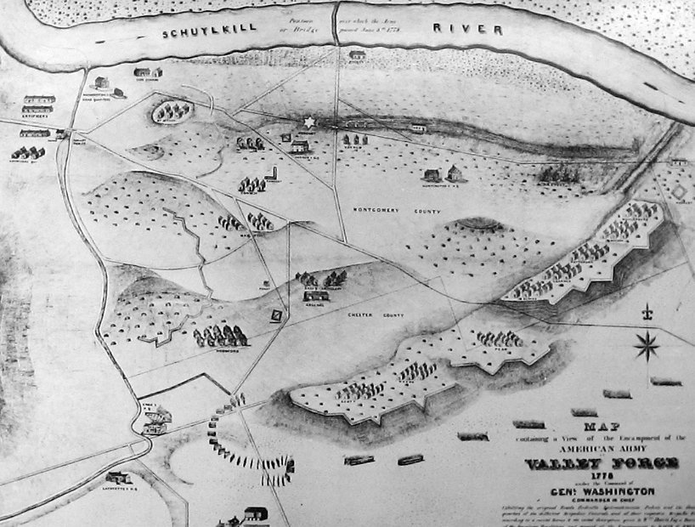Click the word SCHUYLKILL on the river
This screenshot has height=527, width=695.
198,33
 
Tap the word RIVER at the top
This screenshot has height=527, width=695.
466,29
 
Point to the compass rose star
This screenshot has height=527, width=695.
647,345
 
